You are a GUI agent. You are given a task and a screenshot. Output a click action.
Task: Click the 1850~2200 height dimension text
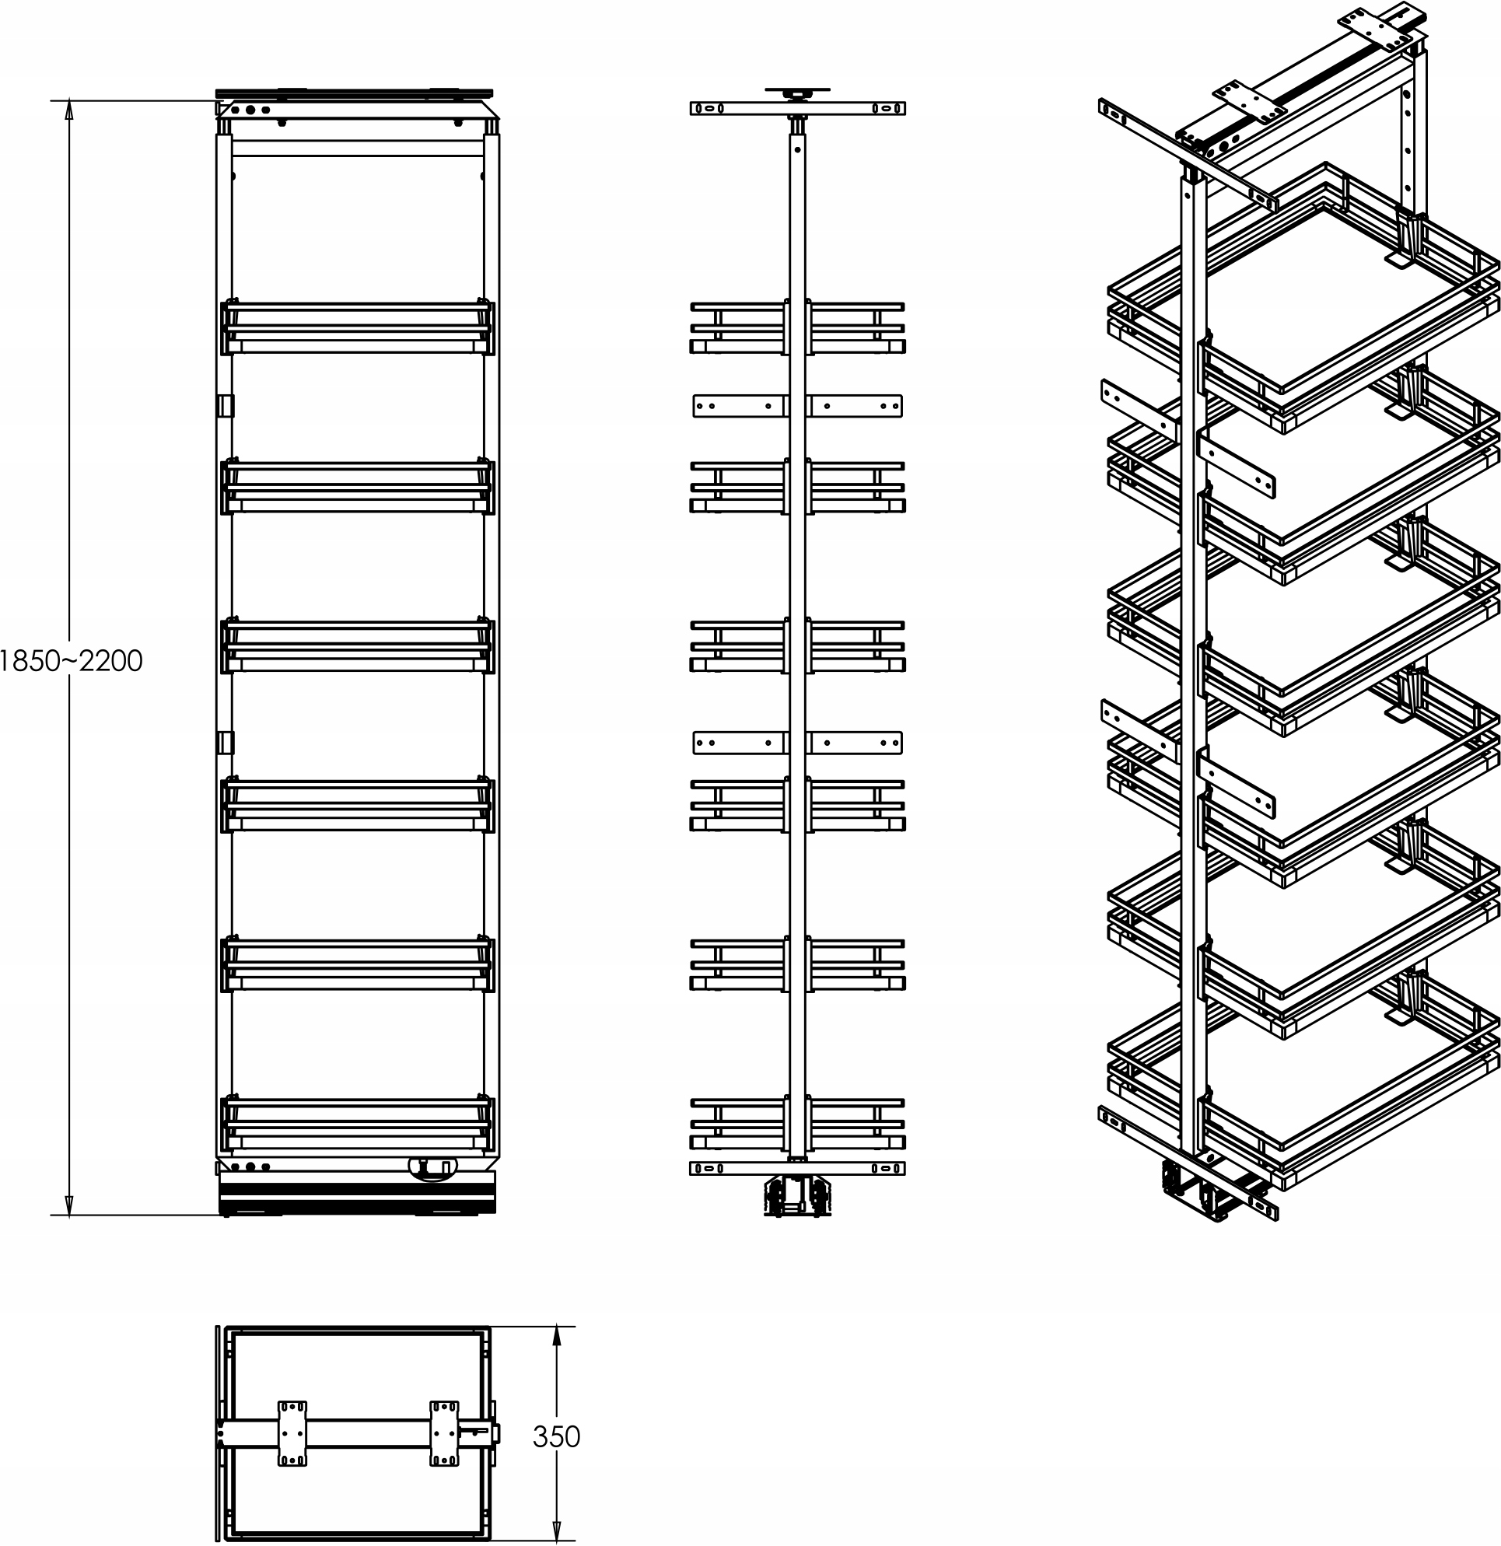71,661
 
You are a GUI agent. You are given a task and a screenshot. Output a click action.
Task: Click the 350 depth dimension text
556,1436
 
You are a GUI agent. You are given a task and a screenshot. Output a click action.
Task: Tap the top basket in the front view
358,327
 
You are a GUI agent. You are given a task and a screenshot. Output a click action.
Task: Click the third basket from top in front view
358,645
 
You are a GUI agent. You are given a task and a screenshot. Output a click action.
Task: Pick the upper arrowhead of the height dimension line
69,110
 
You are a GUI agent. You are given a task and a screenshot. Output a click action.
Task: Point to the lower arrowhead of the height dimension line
69,1205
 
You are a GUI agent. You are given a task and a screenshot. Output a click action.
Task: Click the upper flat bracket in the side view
797,405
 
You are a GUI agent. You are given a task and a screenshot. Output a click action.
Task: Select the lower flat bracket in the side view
797,742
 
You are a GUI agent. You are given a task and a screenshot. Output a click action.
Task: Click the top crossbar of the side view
797,108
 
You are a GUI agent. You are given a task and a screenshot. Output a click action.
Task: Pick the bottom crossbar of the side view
797,1168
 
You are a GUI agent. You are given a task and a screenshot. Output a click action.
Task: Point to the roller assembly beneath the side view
797,1195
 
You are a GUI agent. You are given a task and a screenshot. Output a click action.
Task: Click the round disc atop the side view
797,91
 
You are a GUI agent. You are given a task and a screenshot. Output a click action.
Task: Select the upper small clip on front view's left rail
226,405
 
